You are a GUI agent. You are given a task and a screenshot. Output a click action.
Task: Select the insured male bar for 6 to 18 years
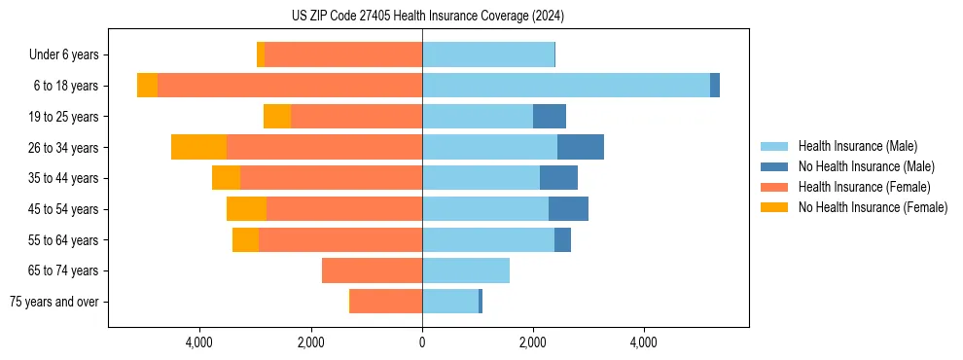tap(566, 86)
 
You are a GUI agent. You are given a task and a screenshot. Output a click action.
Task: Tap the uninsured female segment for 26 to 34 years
tap(198, 147)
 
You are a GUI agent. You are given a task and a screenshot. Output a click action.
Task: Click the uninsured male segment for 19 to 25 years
tap(550, 117)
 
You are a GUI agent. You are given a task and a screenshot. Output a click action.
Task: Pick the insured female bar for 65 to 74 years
tap(372, 270)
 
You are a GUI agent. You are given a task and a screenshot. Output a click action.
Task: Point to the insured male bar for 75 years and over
tap(450, 302)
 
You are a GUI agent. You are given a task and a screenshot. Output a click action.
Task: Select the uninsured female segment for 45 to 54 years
tap(246, 209)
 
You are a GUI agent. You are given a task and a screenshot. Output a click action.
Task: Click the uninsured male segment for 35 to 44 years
tap(558, 178)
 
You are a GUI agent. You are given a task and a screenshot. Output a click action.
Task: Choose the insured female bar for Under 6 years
tap(343, 54)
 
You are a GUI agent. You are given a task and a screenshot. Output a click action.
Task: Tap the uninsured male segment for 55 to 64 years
tap(562, 239)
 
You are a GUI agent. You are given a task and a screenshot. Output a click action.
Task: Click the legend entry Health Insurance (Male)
tap(857, 146)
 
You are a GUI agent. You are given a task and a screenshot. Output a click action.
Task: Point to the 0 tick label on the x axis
tap(422, 343)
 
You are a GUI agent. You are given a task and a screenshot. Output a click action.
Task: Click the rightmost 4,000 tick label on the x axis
tap(644, 343)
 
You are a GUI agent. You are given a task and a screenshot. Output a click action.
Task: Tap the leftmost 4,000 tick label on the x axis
tap(199, 343)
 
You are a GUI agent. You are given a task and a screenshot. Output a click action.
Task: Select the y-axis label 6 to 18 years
tap(65, 86)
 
